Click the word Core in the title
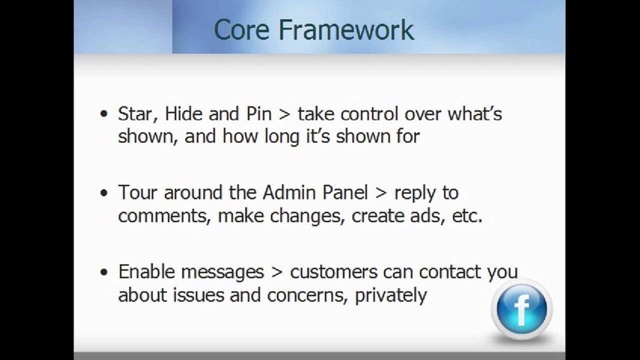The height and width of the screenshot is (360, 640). tap(242, 29)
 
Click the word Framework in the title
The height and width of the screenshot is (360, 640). tap(346, 29)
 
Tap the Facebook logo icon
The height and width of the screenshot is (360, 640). tap(522, 309)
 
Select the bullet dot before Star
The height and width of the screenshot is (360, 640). tap(104, 113)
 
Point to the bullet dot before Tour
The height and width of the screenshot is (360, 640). tap(104, 192)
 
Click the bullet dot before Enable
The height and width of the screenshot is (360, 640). tap(104, 272)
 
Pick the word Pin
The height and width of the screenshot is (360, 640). tap(259, 113)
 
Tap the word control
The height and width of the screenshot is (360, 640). tap(369, 113)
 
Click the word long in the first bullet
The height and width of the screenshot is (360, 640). tap(282, 137)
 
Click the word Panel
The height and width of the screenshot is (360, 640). tap(345, 192)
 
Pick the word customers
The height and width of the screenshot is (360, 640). tap(333, 272)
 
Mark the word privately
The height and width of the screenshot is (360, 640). tap(391, 295)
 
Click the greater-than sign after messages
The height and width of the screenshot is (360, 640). tap(277, 272)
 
